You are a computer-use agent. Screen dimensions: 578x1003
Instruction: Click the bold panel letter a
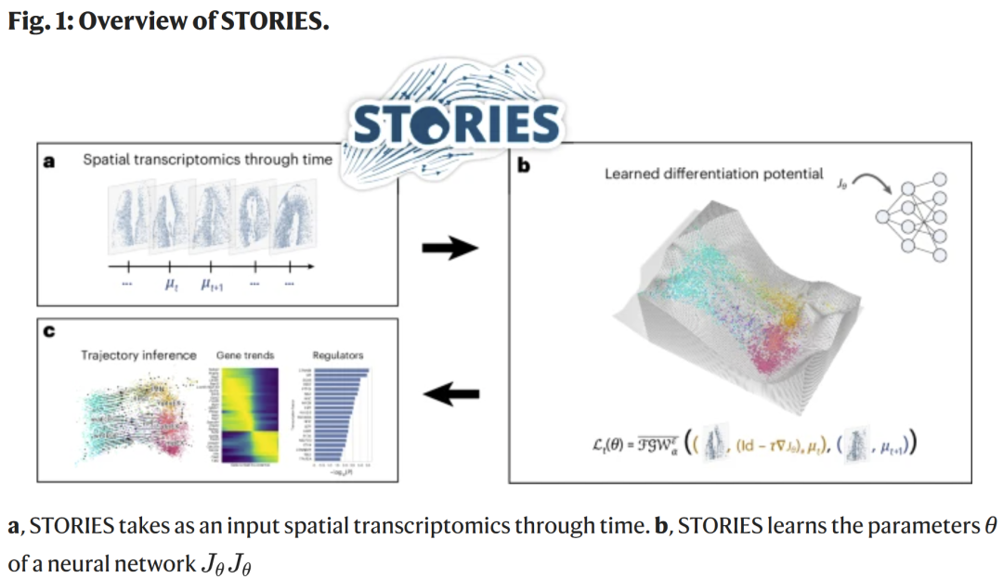[49, 161]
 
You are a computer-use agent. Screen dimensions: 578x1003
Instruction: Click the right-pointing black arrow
[449, 248]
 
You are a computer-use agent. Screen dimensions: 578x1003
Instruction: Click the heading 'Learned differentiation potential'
[713, 173]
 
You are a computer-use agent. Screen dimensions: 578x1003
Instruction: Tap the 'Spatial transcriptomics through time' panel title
[207, 160]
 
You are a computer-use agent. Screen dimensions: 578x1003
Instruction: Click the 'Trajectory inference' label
[138, 354]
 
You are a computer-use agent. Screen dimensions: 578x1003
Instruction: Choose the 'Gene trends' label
[246, 354]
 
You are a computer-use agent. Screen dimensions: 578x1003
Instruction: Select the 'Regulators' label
[338, 354]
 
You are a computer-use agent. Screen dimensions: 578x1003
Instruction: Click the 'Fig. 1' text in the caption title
[35, 21]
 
